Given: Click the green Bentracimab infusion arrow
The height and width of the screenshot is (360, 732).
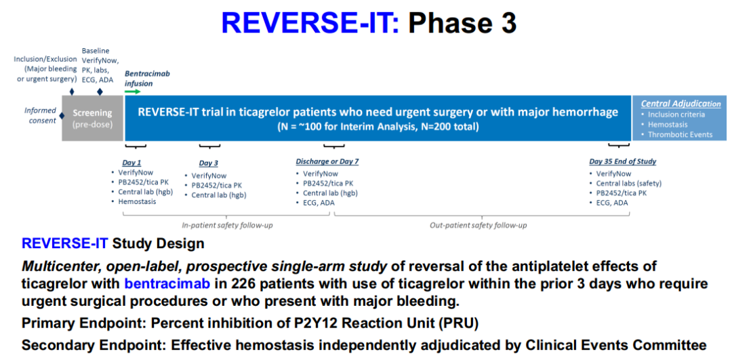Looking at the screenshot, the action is pyautogui.click(x=133, y=92).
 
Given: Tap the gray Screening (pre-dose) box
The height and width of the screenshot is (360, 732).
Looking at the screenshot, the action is pyautogui.click(x=92, y=118).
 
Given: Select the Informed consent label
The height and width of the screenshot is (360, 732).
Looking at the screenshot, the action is pyautogui.click(x=40, y=115).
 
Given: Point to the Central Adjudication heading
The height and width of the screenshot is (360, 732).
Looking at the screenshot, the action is pyautogui.click(x=680, y=104).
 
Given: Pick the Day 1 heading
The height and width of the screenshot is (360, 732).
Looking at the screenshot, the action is pyautogui.click(x=131, y=163).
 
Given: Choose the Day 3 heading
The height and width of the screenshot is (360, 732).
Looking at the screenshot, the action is pyautogui.click(x=208, y=163).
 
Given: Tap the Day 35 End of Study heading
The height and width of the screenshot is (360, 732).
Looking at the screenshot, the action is pyautogui.click(x=623, y=162).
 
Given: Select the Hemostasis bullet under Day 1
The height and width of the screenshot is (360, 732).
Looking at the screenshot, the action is pyautogui.click(x=137, y=201).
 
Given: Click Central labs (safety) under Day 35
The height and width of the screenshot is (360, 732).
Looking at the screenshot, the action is pyautogui.click(x=626, y=183).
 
